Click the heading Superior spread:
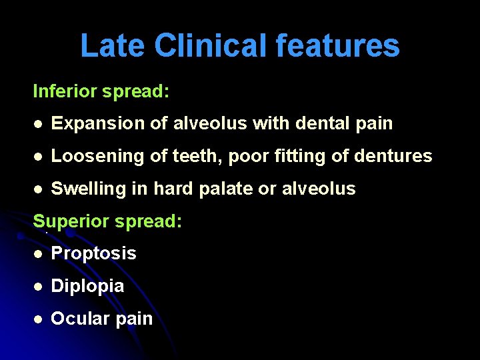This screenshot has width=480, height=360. tap(107, 221)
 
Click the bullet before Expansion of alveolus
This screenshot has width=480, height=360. tap(39, 124)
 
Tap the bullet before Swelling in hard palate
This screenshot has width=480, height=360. tap(39, 189)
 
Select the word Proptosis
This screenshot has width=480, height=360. tap(94, 254)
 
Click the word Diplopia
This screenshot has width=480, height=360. tap(87, 286)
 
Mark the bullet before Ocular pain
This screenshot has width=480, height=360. tap(39, 319)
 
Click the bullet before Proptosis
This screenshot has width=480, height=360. tap(39, 254)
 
